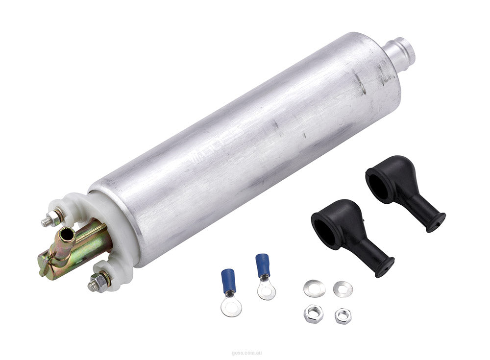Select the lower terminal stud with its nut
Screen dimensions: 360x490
pyautogui.click(x=98, y=283)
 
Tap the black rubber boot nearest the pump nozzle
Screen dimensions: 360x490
pyautogui.click(x=402, y=191)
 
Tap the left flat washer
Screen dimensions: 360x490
pyautogui.click(x=314, y=288)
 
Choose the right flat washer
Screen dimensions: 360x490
pyautogui.click(x=343, y=289)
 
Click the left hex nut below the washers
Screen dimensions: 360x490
pyautogui.click(x=313, y=313)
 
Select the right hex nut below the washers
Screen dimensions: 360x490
pyautogui.click(x=343, y=315)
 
